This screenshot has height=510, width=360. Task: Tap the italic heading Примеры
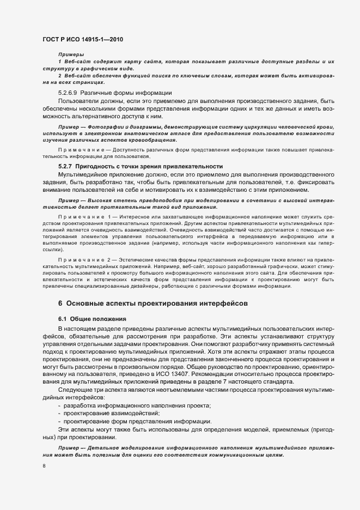pyautogui.click(x=71, y=55)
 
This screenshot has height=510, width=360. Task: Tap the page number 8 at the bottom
pyautogui.click(x=44, y=466)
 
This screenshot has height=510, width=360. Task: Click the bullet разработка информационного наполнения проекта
pyautogui.click(x=137, y=407)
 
